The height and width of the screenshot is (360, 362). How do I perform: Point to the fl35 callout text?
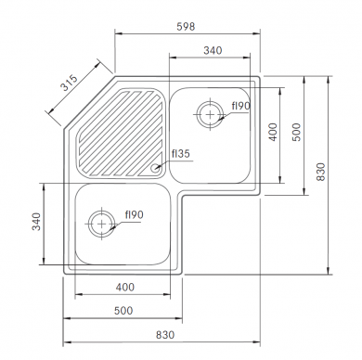tap(180, 154)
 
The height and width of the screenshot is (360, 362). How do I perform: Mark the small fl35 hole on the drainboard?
tap(158, 168)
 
